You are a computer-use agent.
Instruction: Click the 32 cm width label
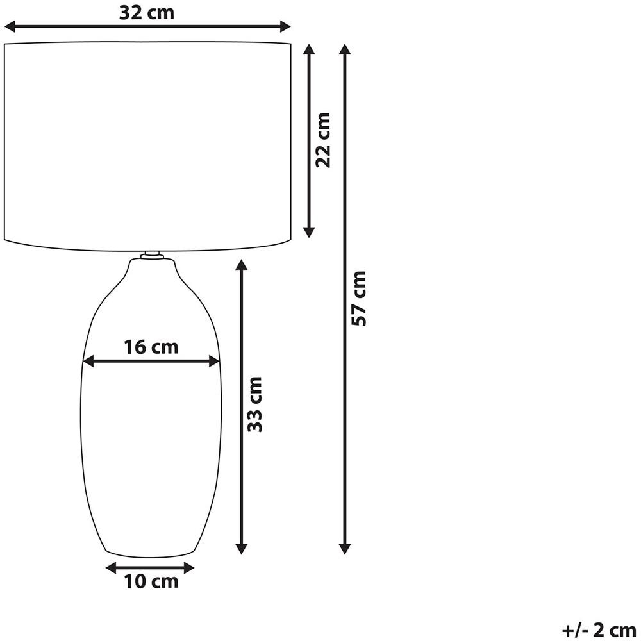[x=146, y=13]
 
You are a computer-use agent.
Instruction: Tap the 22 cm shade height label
[x=323, y=139]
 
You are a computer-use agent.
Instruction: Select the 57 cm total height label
[x=358, y=298]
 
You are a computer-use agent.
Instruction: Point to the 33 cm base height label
[x=254, y=404]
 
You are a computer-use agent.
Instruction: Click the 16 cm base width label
[x=151, y=347]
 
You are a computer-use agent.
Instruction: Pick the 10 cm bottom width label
[x=151, y=581]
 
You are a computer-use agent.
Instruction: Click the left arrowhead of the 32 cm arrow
[x=9, y=27]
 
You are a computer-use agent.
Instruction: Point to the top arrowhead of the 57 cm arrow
[x=345, y=49]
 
